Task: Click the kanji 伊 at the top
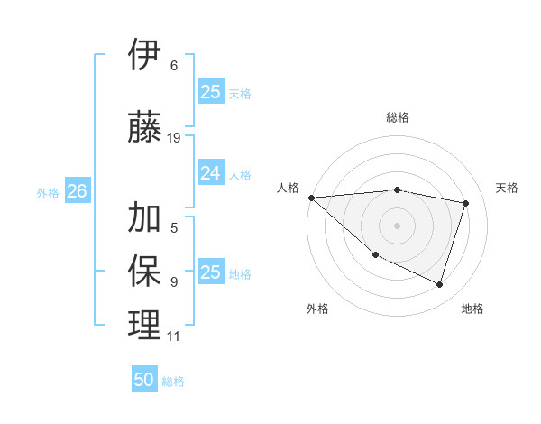pos(144,56)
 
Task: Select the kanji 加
pos(144,217)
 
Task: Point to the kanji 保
pos(144,270)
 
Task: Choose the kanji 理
pos(144,325)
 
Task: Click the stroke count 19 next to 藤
pos(174,138)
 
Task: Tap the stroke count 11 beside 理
pos(174,336)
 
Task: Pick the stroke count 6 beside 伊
pos(174,66)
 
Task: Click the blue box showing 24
pos(210,173)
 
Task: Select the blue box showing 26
pos(78,191)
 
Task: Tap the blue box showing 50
pos(144,380)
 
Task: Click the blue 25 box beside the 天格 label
pos(210,91)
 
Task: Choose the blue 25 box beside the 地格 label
pos(210,272)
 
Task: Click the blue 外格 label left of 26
pos(48,192)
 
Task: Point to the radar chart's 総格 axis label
pos(397,117)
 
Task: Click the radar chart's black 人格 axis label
pos(289,188)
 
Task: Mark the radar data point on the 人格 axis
pos(311,198)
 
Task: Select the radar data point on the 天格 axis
pos(466,203)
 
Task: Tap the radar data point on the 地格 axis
pos(439,284)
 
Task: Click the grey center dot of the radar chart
pos(397,225)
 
